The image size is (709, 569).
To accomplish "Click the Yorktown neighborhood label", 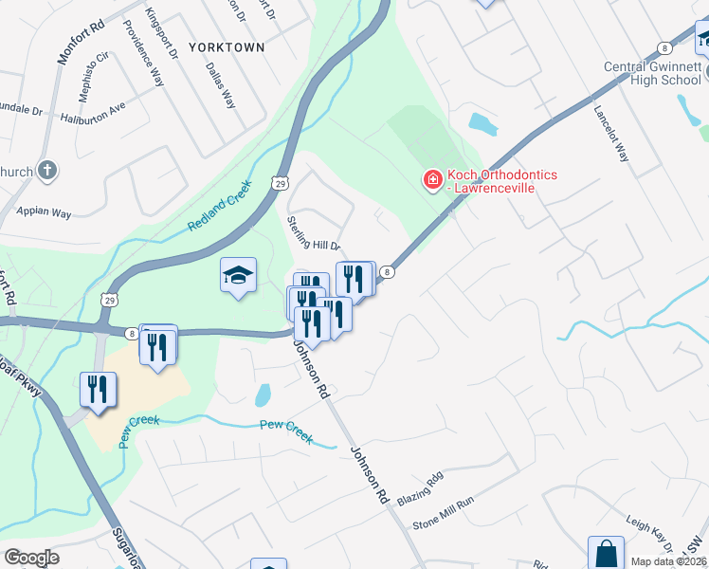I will [x=226, y=46].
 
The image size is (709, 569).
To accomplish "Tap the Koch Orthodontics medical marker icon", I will [x=432, y=178].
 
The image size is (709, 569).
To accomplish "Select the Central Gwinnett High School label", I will [x=653, y=73].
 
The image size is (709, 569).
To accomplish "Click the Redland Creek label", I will [x=220, y=206].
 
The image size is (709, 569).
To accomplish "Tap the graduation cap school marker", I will [x=238, y=276].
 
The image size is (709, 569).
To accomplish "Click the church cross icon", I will [x=48, y=172].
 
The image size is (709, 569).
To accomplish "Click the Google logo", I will [x=31, y=557].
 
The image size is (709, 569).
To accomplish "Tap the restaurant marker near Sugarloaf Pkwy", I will [x=99, y=389].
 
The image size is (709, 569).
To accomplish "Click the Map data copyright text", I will [x=668, y=561].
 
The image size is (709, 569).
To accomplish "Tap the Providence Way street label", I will [x=144, y=64].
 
